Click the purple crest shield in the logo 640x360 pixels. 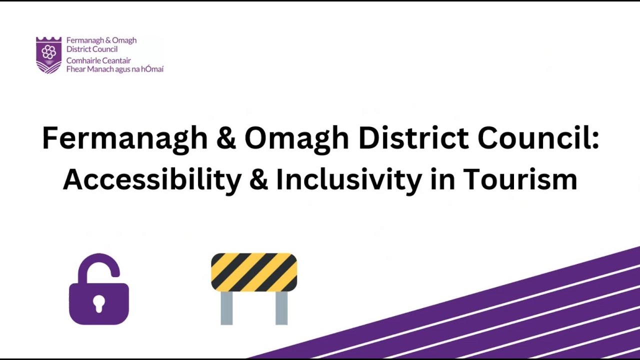click(48, 54)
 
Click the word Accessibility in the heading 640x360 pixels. click(152, 180)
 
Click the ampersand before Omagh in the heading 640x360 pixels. click(225, 138)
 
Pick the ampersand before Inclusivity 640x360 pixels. click(258, 179)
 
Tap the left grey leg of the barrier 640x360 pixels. click(226, 308)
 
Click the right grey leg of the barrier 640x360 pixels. click(281, 308)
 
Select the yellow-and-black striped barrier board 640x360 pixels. click(254, 272)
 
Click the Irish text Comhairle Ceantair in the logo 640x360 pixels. click(98, 61)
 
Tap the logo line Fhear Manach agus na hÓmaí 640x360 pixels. click(115, 69)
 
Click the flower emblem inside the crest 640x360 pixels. click(48, 51)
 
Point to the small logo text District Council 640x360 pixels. click(92, 49)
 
